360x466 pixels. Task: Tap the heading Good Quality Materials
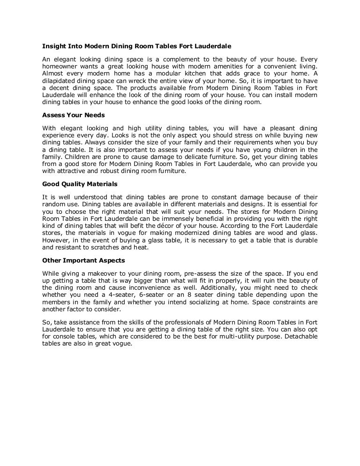tap(80, 184)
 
